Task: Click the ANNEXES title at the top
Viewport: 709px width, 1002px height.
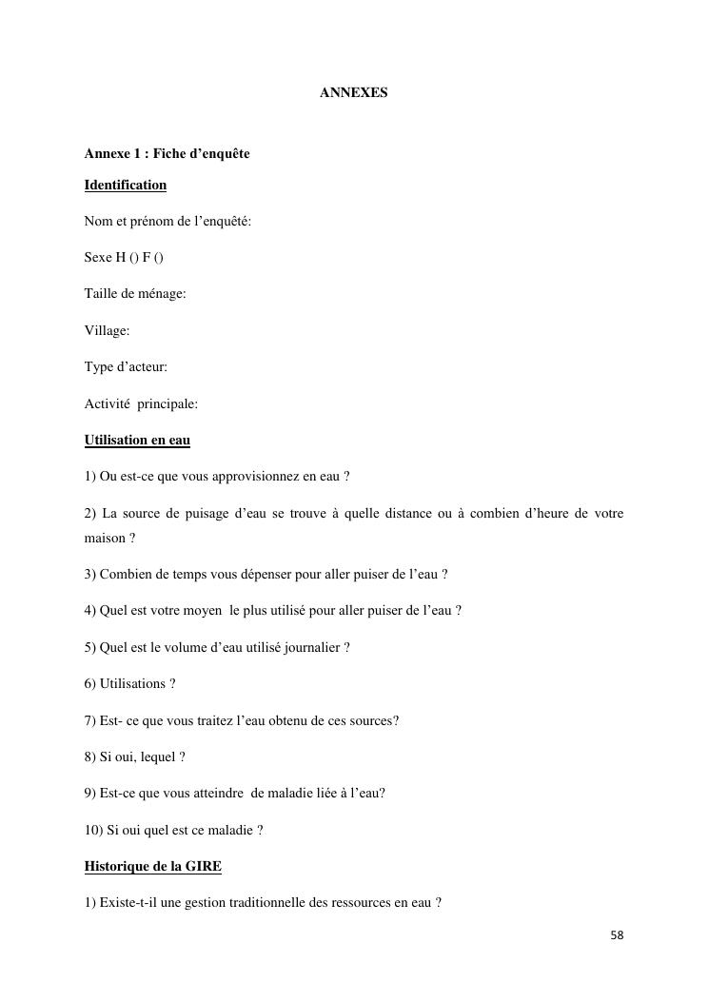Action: click(353, 93)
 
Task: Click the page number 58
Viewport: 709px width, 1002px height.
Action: click(617, 935)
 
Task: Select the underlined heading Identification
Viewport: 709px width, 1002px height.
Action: click(125, 185)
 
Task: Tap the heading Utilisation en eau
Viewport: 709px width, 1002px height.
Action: click(137, 440)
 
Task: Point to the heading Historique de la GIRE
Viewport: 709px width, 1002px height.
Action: click(152, 866)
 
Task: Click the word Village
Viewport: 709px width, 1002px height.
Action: click(105, 330)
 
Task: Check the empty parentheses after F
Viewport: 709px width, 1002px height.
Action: click(159, 258)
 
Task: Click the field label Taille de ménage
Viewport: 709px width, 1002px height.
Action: click(134, 294)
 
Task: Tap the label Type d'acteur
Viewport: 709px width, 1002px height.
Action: click(125, 366)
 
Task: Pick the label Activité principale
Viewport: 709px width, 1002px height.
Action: click(141, 403)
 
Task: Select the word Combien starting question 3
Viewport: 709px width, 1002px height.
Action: click(127, 574)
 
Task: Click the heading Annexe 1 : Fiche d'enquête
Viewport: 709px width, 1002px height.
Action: click(167, 153)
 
